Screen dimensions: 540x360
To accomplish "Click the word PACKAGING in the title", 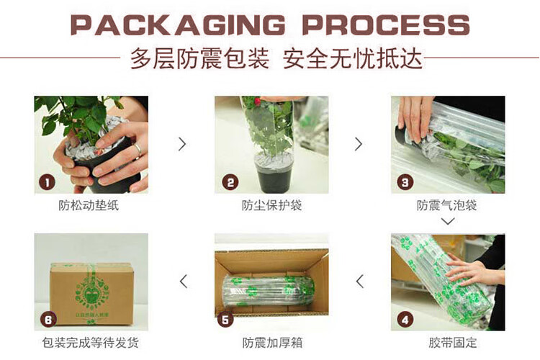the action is [178, 25].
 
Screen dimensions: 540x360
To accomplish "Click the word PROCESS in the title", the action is [386, 25].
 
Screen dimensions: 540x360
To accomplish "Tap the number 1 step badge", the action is [48, 182].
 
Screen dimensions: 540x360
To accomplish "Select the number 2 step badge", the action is [230, 182].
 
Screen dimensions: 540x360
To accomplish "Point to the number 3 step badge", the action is [405, 182].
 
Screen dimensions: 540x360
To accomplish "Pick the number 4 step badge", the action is [405, 320].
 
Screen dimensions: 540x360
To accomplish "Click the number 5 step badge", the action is [225, 320].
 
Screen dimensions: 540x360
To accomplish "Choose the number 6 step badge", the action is [48, 320].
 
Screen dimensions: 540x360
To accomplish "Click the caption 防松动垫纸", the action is [89, 205].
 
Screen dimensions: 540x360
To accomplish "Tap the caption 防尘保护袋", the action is [271, 205].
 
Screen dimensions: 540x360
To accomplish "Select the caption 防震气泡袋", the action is [446, 205].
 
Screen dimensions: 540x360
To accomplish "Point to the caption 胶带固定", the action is [453, 343].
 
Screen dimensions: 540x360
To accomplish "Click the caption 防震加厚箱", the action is [272, 343].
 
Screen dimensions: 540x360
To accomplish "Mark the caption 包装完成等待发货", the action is [91, 343].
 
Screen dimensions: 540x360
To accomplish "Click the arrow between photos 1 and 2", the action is [183, 144].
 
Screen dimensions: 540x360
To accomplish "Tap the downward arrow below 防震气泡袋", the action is [448, 221].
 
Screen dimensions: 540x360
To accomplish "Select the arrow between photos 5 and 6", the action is [184, 282].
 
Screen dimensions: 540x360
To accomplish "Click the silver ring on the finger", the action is [138, 150].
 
